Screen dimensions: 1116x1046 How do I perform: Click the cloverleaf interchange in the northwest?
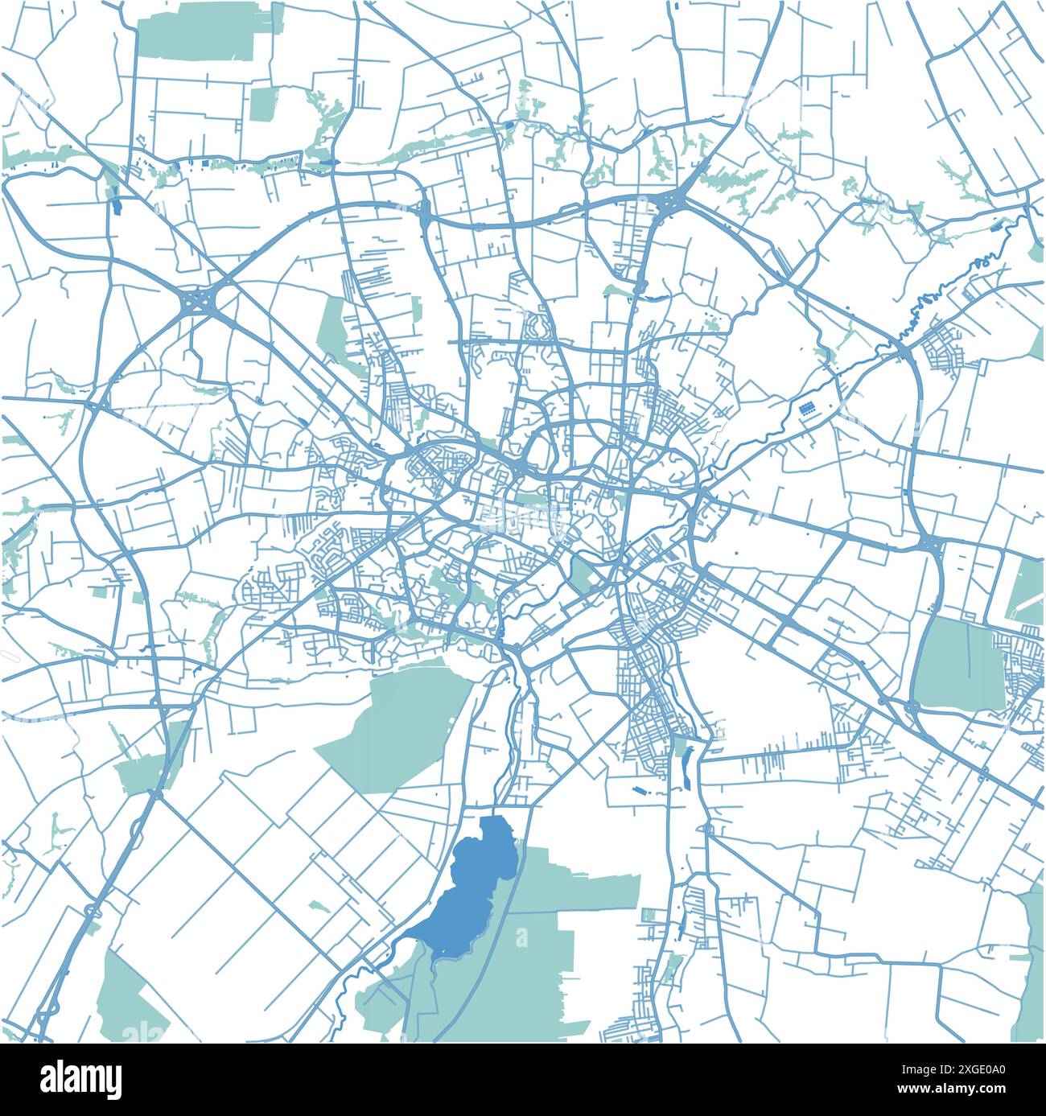pyautogui.click(x=196, y=303)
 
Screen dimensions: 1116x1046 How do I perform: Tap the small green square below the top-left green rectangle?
pyautogui.click(x=261, y=105)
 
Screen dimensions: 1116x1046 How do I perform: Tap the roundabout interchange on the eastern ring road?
pyautogui.click(x=932, y=546)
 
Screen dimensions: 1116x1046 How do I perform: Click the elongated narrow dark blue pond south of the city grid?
pyautogui.click(x=686, y=768)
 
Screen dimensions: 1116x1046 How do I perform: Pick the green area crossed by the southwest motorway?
pyautogui.click(x=149, y=764)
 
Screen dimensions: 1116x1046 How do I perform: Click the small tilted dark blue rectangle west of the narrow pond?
pyautogui.click(x=640, y=791)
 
